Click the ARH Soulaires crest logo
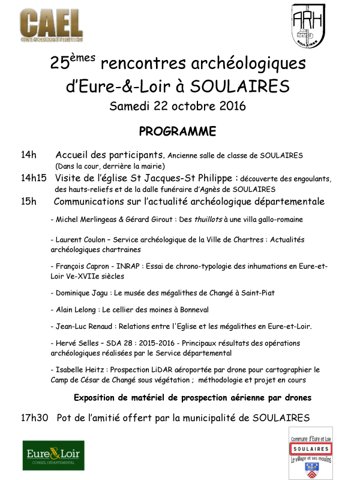coord(311,27)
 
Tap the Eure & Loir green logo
coord(51,455)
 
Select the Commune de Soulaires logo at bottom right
coord(311,452)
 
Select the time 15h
coord(29,202)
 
